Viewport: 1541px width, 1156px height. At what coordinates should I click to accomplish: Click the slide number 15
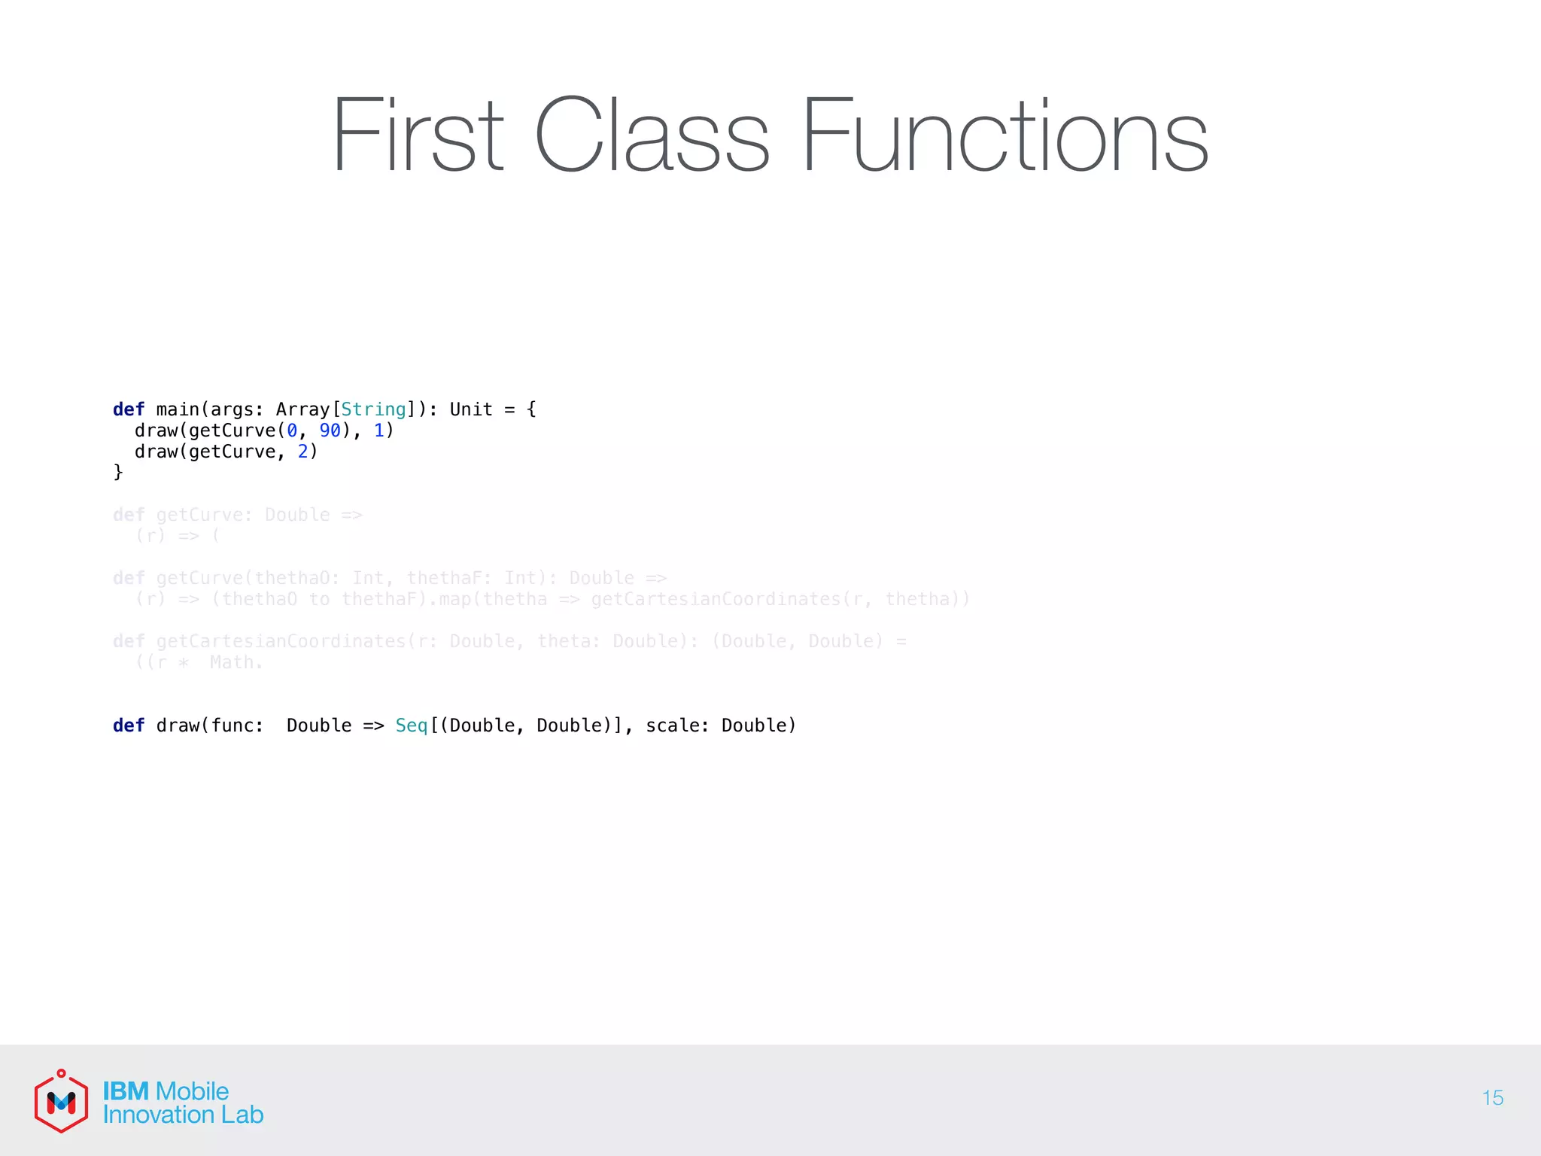1492,1098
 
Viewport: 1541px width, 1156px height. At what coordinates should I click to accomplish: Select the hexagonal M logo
61,1102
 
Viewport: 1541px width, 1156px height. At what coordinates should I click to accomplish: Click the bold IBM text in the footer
126,1091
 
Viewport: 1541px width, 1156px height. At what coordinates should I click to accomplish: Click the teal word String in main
373,409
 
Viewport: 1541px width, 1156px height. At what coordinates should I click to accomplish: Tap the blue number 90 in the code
330,430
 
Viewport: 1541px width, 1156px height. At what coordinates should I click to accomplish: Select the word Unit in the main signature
471,409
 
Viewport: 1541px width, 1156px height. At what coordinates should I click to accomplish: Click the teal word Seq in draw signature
411,726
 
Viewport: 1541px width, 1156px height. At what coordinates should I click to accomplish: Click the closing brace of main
118,472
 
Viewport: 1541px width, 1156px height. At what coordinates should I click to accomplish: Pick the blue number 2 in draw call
303,452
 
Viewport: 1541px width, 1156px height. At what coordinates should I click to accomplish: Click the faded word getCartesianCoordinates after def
281,641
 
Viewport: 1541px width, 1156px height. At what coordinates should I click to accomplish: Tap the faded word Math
236,662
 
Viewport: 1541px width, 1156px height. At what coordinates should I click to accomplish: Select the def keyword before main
128,409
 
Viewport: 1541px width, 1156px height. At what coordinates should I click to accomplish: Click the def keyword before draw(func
128,726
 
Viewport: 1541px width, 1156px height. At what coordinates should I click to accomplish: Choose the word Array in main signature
302,409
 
